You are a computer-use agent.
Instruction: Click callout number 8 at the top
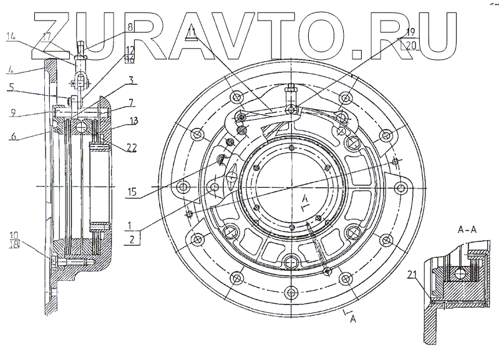[130, 27]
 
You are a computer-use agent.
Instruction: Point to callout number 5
[12, 89]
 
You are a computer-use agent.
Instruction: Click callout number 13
[133, 121]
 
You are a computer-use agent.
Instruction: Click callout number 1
[130, 223]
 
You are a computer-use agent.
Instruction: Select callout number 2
[130, 238]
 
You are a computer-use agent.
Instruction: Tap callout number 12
[130, 49]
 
